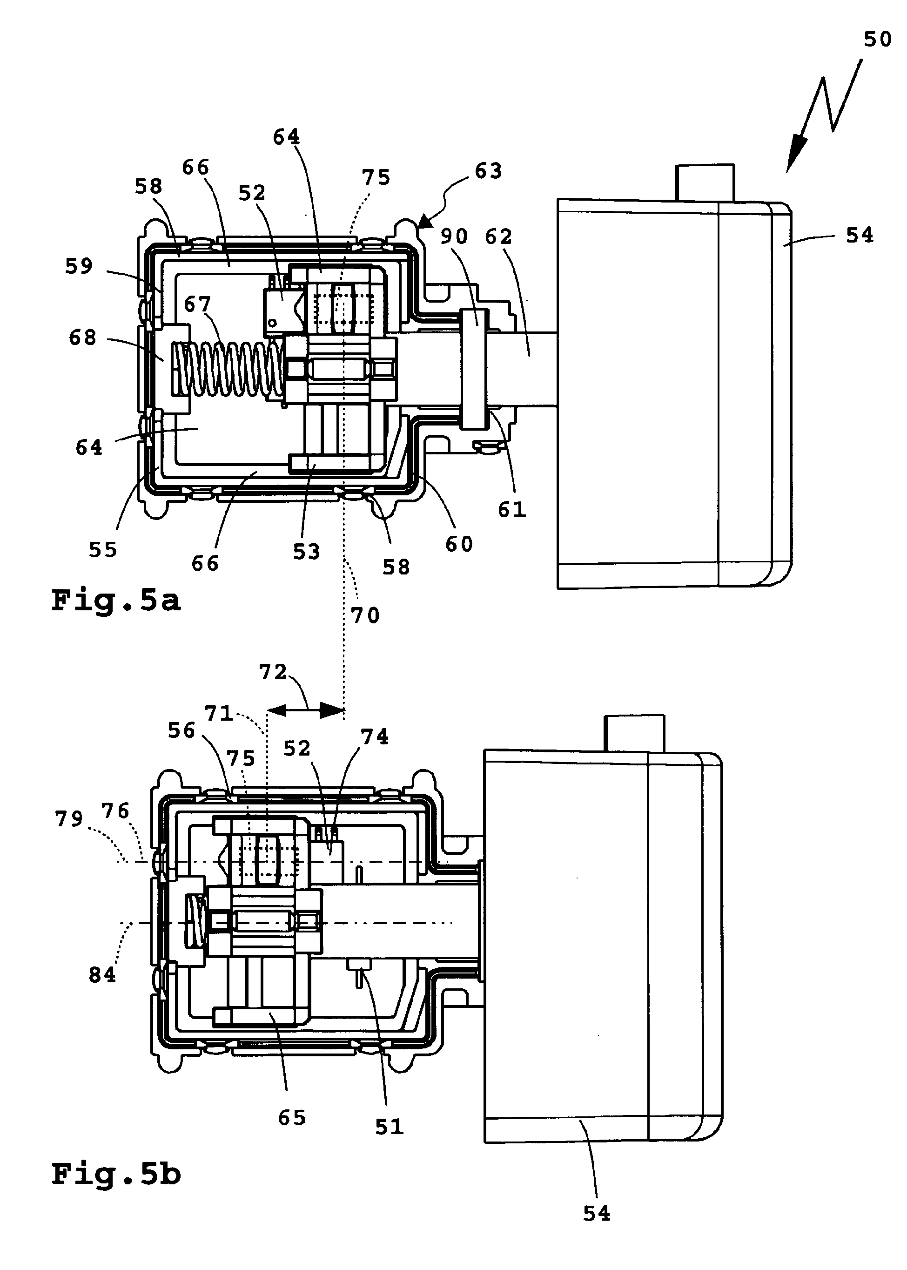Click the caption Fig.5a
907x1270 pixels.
(x=116, y=601)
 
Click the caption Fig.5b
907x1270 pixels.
(x=116, y=1174)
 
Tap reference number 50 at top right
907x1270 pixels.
(x=877, y=40)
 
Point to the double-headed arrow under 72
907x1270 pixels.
(x=307, y=711)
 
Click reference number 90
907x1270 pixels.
(x=454, y=236)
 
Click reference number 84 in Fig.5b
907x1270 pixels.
(x=102, y=975)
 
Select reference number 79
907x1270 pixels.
(x=69, y=819)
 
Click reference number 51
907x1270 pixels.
(x=389, y=1127)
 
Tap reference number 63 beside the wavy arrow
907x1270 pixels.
(x=488, y=171)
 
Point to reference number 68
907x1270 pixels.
(x=83, y=338)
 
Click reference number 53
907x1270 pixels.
(x=307, y=552)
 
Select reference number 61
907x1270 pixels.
(x=512, y=510)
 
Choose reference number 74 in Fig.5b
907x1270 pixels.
(x=375, y=737)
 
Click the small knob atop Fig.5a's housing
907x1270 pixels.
(x=705, y=182)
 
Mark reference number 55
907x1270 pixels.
(x=103, y=550)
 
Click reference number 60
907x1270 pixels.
(x=459, y=544)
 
